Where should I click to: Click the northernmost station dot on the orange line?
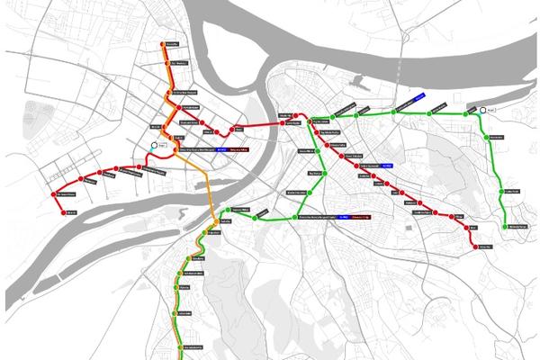[162, 43]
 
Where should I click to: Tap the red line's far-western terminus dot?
[61, 211]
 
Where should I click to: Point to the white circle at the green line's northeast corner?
[484, 110]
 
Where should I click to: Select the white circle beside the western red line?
[155, 144]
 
